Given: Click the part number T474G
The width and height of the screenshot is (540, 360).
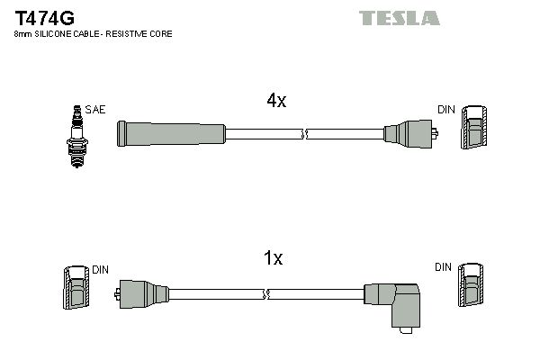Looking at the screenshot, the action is [x=44, y=18].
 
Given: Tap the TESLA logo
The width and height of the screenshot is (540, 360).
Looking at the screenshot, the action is [x=399, y=18].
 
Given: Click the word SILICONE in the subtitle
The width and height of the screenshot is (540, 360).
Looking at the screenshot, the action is [x=57, y=34].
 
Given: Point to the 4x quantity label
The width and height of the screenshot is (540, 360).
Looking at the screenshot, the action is [x=276, y=100].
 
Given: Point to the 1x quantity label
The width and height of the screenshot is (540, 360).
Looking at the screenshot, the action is [x=273, y=257].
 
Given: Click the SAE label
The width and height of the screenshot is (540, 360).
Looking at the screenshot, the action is [x=95, y=110].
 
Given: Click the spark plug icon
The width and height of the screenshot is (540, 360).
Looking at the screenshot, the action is [x=77, y=137].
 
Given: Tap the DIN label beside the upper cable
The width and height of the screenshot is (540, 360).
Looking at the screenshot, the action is [x=446, y=110].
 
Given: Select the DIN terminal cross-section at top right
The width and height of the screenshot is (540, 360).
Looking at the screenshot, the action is [x=474, y=127].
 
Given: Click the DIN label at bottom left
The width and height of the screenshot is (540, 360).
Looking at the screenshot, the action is [x=100, y=270].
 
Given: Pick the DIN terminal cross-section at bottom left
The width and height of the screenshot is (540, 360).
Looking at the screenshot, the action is [x=76, y=287].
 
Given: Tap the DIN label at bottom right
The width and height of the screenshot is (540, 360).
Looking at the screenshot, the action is [x=443, y=267].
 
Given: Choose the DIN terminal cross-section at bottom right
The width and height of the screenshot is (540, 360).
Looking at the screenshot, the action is [x=471, y=285].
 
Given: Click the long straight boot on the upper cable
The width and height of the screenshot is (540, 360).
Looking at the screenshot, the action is [x=171, y=134].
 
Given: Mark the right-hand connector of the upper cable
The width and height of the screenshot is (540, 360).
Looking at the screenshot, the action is [x=410, y=134].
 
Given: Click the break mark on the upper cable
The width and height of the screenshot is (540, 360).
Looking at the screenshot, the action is [x=304, y=134].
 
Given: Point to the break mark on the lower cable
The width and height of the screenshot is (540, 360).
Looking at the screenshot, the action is [x=265, y=294].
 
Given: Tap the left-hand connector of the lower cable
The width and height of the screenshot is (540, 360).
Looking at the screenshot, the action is [x=141, y=294].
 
